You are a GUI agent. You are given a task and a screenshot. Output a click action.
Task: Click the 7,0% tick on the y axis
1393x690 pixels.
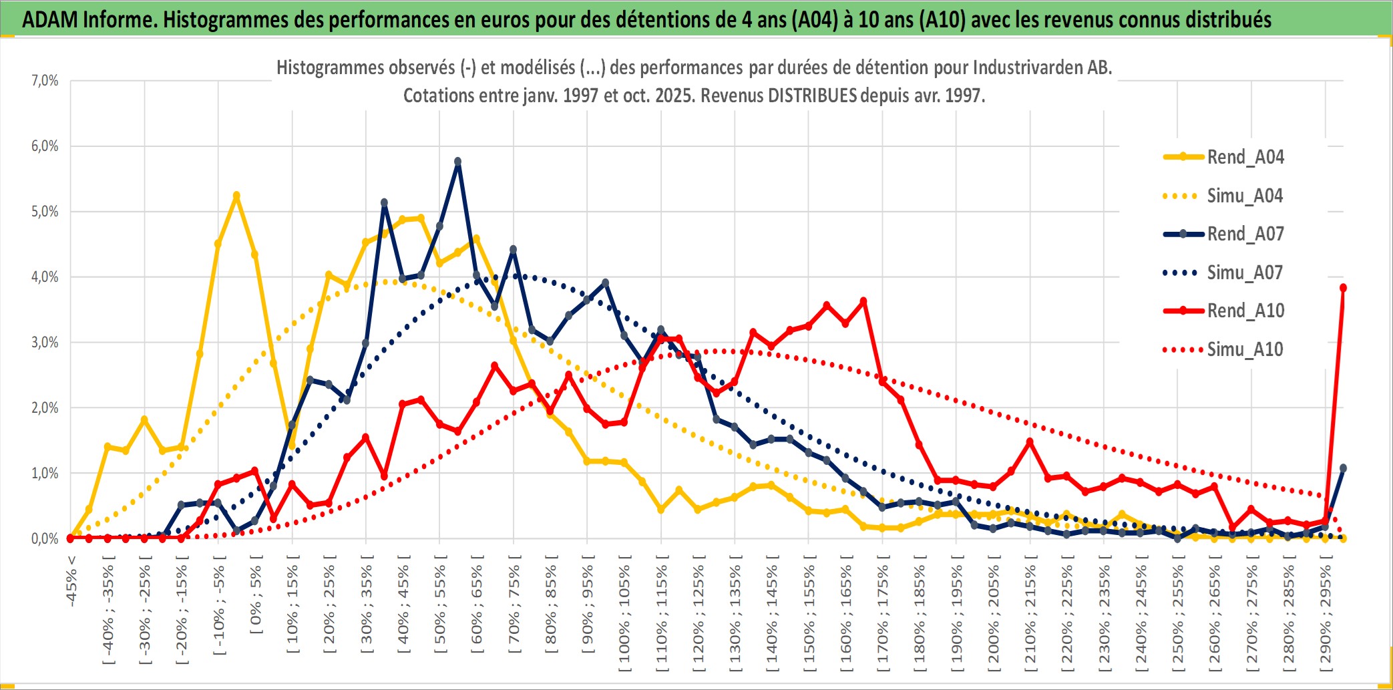[45, 81]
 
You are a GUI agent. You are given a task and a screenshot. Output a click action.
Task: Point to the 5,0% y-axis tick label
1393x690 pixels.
[45, 212]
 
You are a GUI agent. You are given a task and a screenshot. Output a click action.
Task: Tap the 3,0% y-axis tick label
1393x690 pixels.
[45, 343]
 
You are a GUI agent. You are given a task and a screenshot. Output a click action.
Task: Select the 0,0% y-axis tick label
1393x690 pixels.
[45, 538]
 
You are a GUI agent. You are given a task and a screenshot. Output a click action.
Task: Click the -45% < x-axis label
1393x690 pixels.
[71, 581]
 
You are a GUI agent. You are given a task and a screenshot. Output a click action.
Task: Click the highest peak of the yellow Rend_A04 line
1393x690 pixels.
[236, 196]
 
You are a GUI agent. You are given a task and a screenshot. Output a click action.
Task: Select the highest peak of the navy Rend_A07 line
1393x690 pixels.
[457, 162]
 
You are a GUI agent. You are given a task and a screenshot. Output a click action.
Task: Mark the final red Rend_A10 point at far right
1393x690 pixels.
[1343, 288]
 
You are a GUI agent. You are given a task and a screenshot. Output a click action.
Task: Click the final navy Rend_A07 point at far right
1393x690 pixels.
[1343, 468]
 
